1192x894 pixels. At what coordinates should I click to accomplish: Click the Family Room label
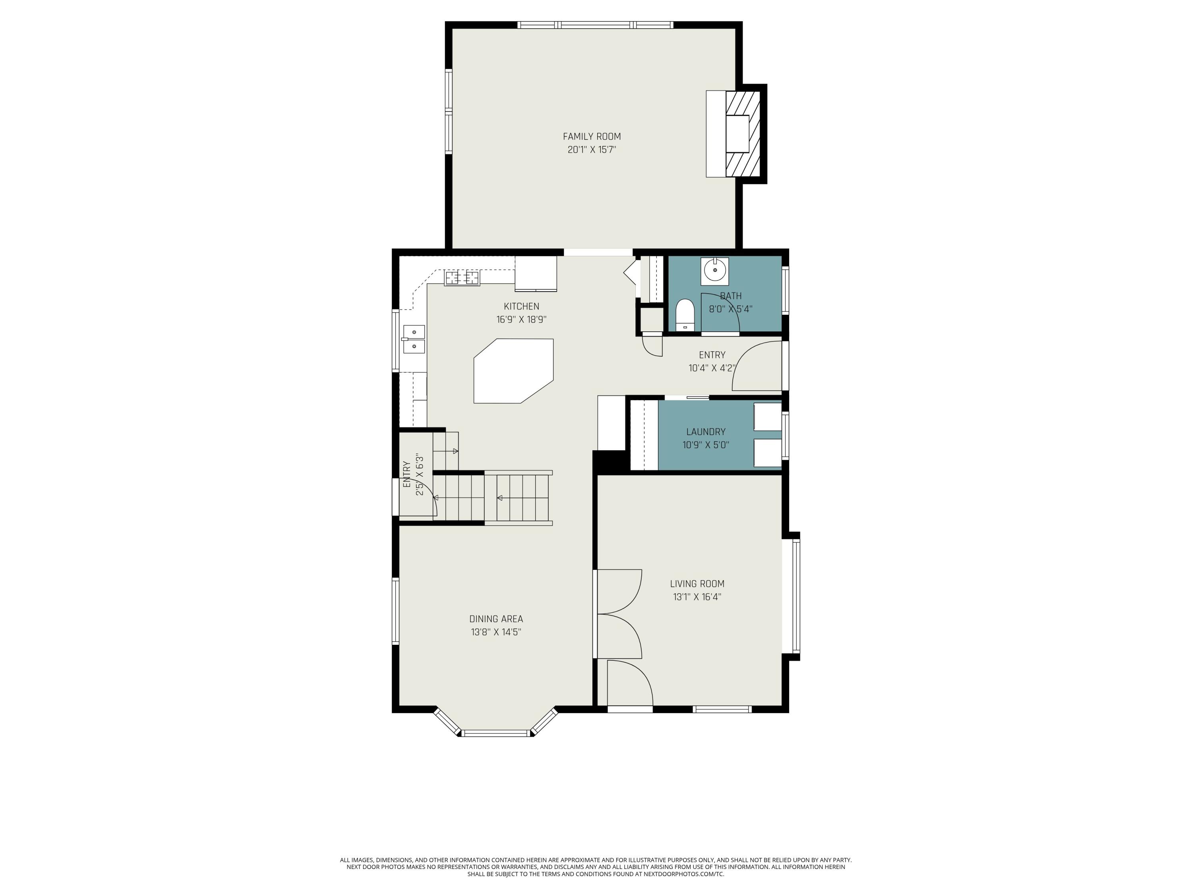(x=592, y=137)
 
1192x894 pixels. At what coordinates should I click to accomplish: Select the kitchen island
(x=513, y=371)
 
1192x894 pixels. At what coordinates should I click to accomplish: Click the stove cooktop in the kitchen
(x=462, y=277)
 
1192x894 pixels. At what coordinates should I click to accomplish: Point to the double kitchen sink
(x=414, y=339)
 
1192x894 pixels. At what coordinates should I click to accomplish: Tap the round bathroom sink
(x=715, y=270)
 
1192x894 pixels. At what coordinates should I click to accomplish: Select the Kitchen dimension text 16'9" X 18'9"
(x=522, y=319)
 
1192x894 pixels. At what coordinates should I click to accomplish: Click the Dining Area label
(x=496, y=619)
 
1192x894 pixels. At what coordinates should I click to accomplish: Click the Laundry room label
(x=706, y=432)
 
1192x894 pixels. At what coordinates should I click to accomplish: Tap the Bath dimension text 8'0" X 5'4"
(x=730, y=309)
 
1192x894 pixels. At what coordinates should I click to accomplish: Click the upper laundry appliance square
(x=767, y=416)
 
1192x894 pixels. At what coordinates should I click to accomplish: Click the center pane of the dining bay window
(x=496, y=733)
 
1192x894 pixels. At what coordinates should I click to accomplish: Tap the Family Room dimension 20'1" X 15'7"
(x=592, y=150)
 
